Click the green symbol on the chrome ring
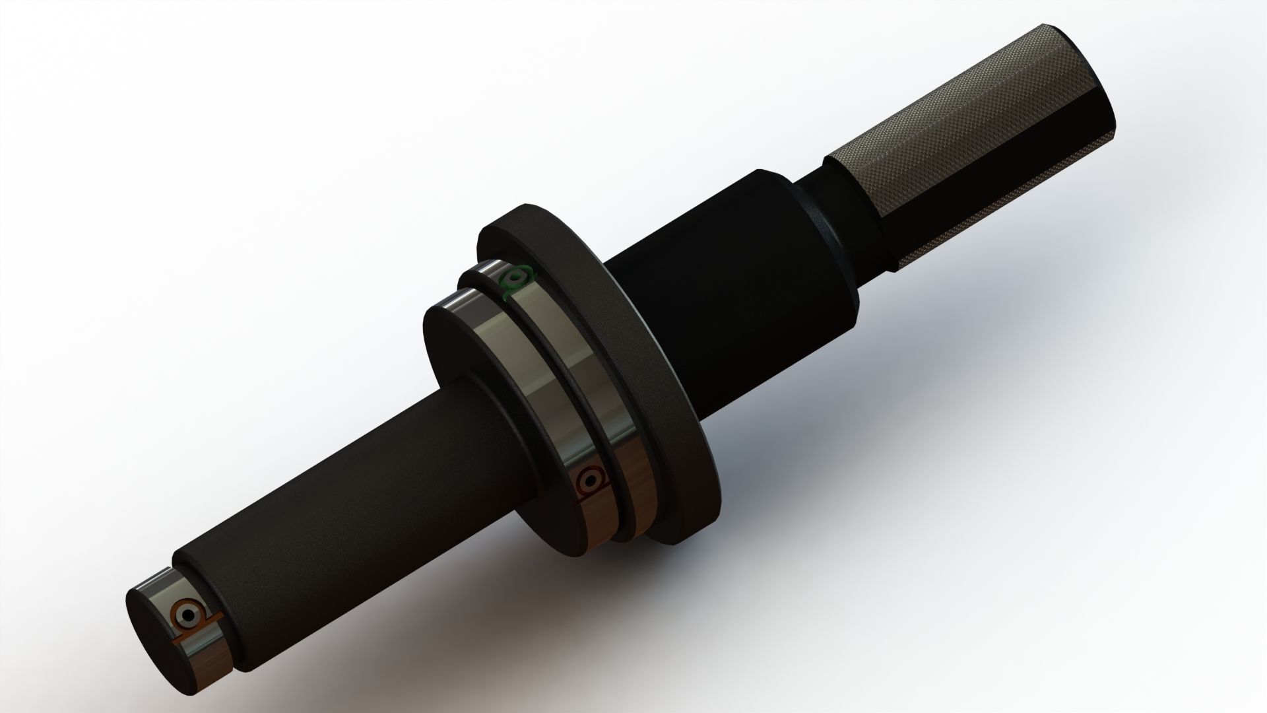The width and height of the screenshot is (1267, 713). point(515,281)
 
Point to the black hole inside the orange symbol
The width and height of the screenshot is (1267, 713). point(187,617)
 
